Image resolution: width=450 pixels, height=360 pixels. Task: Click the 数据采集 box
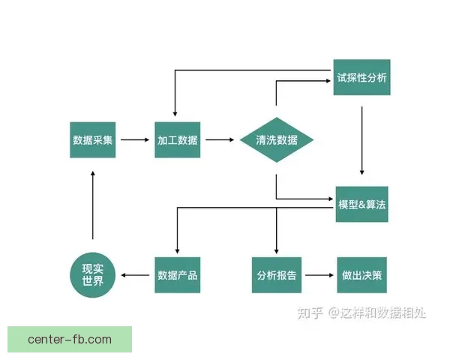(93, 139)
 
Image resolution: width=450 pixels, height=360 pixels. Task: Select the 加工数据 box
(178, 139)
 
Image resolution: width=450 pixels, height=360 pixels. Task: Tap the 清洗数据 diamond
(276, 140)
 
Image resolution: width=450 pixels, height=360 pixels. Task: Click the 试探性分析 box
(361, 77)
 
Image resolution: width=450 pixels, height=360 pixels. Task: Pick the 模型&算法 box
(362, 205)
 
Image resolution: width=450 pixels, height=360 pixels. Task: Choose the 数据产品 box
(178, 275)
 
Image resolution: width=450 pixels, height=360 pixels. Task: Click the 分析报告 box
(276, 275)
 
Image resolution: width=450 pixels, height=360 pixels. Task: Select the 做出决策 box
(362, 275)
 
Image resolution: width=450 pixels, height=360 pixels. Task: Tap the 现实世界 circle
(93, 275)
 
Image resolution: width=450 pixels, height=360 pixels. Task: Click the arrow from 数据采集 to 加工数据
(135, 139)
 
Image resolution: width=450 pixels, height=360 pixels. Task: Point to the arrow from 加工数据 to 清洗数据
(220, 139)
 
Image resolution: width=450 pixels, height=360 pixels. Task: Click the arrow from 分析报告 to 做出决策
(319, 275)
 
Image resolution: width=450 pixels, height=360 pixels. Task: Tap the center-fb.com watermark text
(69, 340)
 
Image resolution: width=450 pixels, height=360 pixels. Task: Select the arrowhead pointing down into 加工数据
(175, 114)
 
